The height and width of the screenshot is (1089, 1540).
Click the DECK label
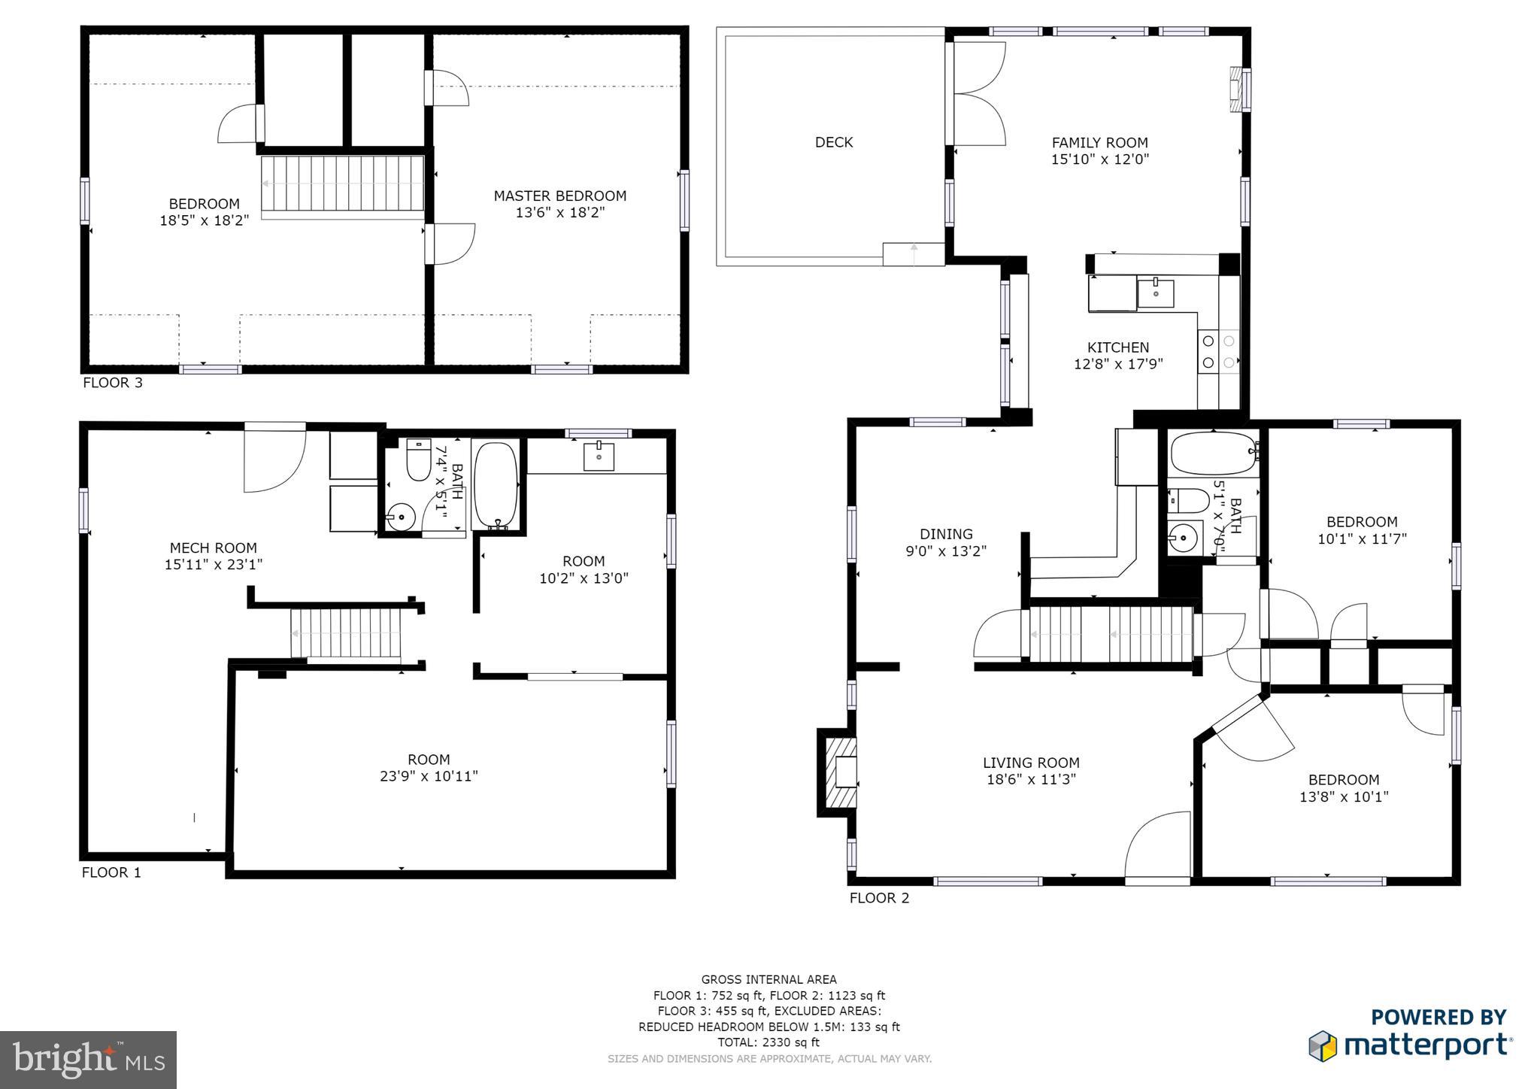coord(833,142)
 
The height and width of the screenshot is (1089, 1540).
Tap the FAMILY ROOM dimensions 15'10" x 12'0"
coord(1099,159)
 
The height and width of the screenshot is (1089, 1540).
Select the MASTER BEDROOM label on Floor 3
coord(559,196)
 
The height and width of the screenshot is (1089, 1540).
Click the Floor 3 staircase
coord(342,184)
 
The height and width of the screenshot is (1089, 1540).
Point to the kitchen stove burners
coord(1218,352)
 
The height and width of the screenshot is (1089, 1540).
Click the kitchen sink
coord(1155,293)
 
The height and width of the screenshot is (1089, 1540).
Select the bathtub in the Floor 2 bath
coord(1212,453)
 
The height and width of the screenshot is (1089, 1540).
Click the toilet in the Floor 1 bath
coord(418,460)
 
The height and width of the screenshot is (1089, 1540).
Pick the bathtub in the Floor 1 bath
coord(496,485)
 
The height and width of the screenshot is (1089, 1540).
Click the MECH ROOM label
coord(213,548)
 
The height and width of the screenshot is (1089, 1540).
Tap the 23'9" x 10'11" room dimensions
coord(429,776)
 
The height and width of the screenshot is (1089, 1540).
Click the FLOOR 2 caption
coord(879,898)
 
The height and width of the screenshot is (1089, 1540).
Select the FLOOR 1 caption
coord(111,872)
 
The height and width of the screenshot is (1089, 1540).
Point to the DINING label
coord(946,534)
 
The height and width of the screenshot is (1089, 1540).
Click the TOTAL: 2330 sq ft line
coord(768,1042)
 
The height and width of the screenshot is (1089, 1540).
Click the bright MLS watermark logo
coord(88,1060)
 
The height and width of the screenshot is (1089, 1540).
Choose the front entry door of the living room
coord(1158,846)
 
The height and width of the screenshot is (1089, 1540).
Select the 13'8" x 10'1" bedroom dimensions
coord(1343,796)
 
